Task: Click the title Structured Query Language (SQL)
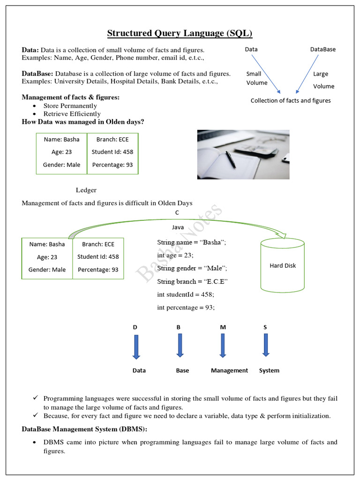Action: point(180,33)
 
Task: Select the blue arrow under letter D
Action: point(136,346)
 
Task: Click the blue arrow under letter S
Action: point(266,345)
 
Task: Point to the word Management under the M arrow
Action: point(229,370)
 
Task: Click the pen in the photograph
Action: point(230,159)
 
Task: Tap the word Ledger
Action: point(86,190)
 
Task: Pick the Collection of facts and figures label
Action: point(291,100)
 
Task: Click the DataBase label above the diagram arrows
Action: point(322,49)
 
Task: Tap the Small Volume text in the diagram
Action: point(257,78)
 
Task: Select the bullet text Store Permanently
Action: point(70,106)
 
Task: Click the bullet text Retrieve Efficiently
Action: point(72,113)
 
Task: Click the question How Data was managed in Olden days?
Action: point(83,122)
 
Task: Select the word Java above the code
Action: point(178,227)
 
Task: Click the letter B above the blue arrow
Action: point(178,327)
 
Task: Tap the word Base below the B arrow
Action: point(182,370)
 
